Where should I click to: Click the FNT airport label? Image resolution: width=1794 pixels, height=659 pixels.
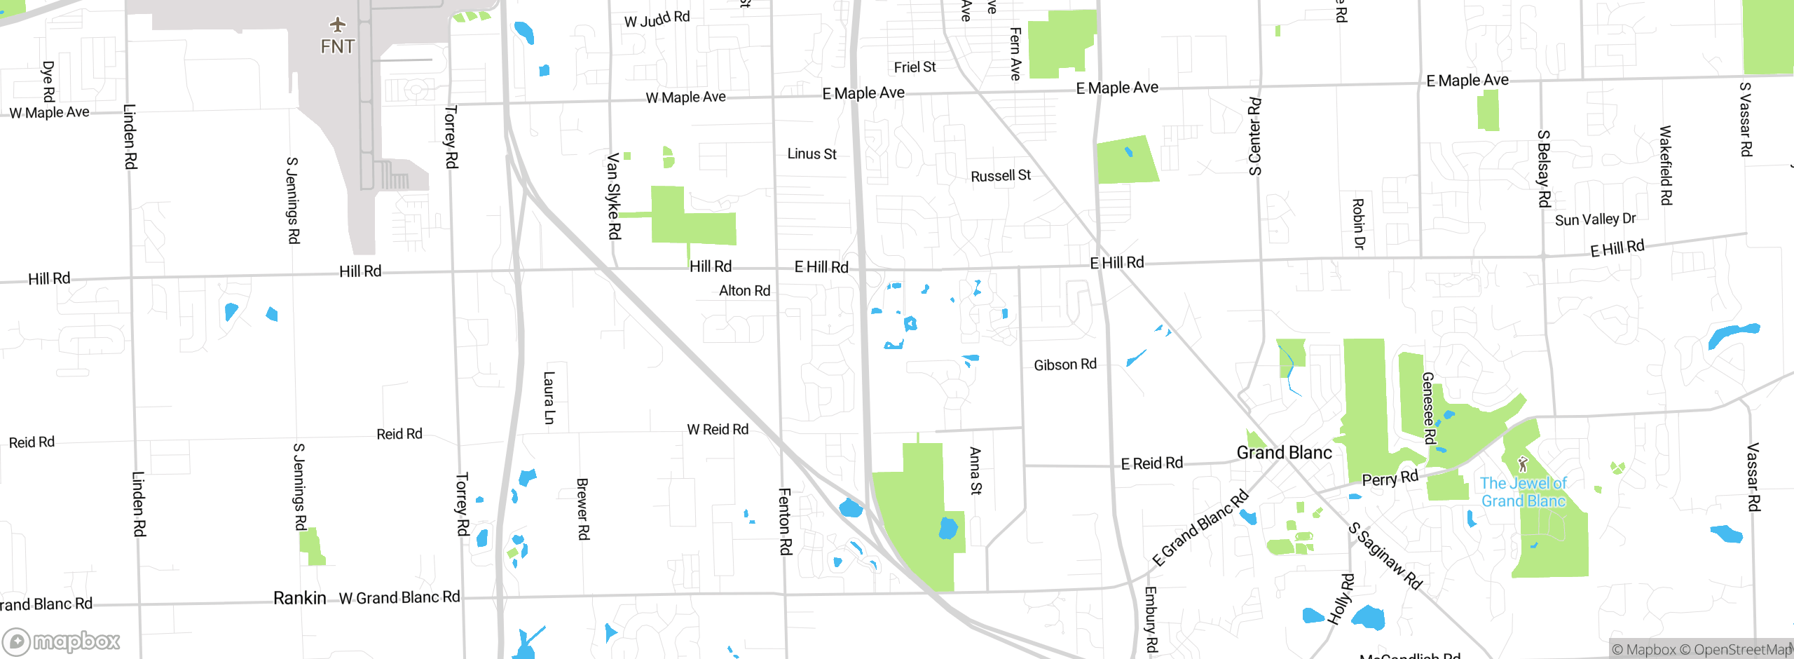(x=338, y=47)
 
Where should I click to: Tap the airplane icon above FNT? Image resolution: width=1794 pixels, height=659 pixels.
(x=338, y=25)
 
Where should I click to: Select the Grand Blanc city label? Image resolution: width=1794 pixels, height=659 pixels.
(x=1284, y=453)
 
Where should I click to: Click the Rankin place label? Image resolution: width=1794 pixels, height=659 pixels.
(x=299, y=598)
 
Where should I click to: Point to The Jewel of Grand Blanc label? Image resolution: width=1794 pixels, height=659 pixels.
(x=1523, y=492)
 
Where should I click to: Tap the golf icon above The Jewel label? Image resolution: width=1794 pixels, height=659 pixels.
(x=1522, y=464)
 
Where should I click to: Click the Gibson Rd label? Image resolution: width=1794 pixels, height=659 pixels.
(x=1065, y=365)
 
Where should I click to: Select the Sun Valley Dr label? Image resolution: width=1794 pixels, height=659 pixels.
(x=1595, y=219)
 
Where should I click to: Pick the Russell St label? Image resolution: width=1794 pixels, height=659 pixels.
(x=1001, y=175)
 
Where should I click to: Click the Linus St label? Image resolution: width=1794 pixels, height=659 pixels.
(x=812, y=154)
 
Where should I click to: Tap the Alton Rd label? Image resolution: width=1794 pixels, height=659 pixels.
(x=744, y=290)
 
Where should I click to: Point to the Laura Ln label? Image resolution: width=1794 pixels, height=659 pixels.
(x=549, y=398)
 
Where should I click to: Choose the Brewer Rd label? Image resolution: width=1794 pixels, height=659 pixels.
(x=582, y=509)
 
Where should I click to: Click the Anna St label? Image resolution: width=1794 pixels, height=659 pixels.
(x=975, y=471)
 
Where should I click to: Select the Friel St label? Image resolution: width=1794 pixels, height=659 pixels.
(x=915, y=67)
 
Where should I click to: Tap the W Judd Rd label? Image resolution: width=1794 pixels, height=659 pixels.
(x=657, y=19)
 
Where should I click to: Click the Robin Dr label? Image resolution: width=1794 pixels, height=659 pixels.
(x=1358, y=224)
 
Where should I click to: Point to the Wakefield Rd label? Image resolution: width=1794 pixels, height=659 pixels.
(x=1666, y=165)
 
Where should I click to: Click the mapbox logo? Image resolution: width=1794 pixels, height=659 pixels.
(x=62, y=641)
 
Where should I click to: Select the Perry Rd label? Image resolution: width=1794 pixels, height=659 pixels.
(x=1390, y=478)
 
